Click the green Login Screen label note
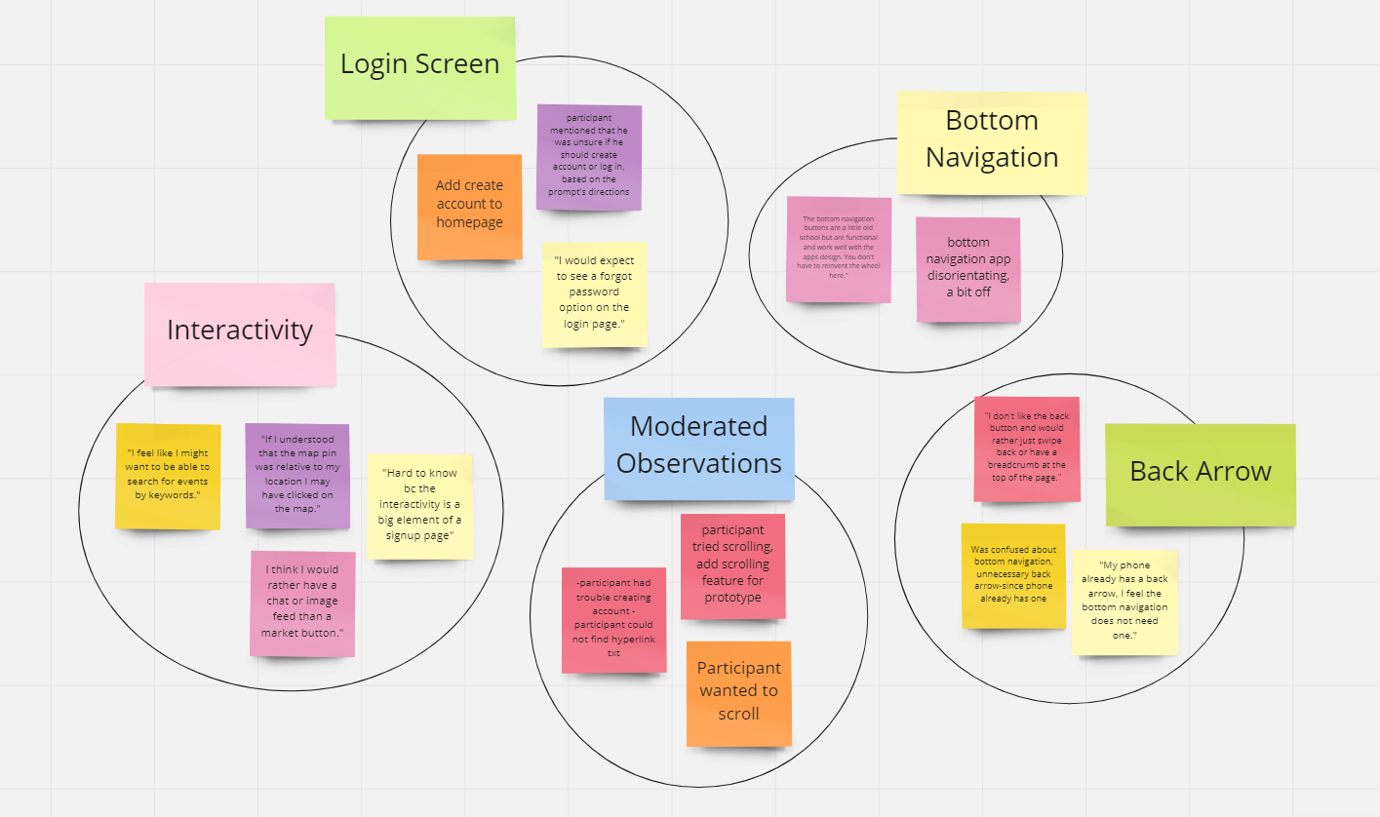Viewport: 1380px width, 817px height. point(419,68)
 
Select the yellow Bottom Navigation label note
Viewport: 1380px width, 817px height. point(991,142)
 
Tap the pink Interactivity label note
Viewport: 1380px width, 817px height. point(240,333)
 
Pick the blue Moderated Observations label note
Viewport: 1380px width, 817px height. point(698,448)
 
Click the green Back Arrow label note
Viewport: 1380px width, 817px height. point(1200,474)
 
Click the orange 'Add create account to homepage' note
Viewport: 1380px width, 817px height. point(469,207)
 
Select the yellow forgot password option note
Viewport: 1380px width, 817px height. point(594,293)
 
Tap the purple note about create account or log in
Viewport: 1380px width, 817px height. point(589,157)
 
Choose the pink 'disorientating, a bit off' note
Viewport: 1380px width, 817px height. point(967,269)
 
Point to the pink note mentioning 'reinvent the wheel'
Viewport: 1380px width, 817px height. point(839,250)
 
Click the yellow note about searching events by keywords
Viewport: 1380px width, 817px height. point(168,476)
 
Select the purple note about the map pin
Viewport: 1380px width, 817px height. point(297,476)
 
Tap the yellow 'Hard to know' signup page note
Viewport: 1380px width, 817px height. point(421,506)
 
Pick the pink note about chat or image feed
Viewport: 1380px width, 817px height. point(302,603)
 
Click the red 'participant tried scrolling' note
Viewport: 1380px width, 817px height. point(732,565)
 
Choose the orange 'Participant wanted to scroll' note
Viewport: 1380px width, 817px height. point(738,693)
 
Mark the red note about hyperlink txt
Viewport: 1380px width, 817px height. point(613,620)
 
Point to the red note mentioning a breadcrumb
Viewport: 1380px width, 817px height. point(1027,448)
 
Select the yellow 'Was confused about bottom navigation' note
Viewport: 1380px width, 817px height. point(1012,575)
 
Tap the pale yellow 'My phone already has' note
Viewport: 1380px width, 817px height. point(1124,602)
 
